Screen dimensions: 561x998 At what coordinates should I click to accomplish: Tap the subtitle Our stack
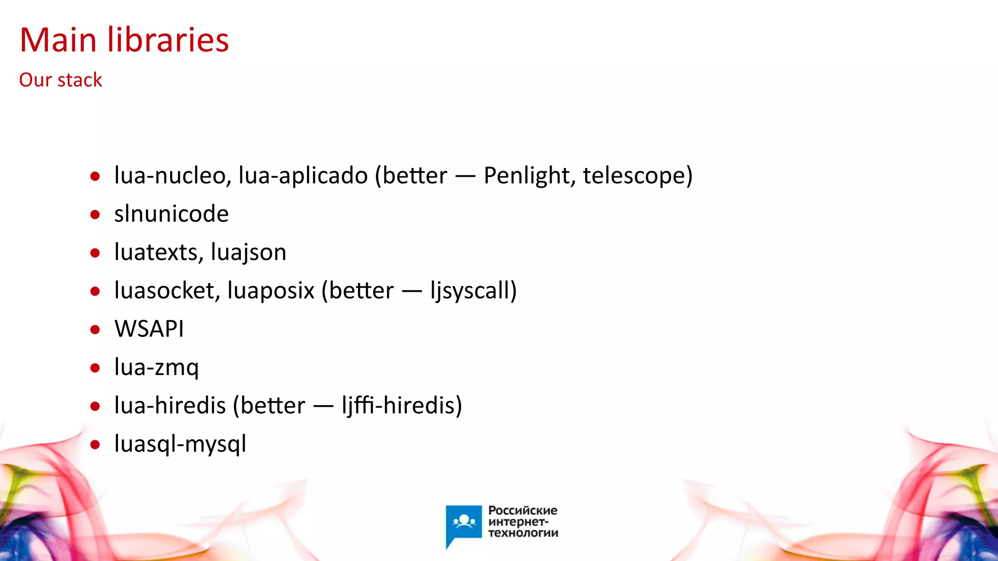pos(60,80)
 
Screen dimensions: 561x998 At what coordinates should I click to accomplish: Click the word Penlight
pos(529,176)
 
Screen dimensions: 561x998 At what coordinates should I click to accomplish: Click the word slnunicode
pos(171,214)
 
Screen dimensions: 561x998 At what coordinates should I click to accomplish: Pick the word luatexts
pos(158,252)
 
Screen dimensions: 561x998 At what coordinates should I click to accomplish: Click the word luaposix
pos(271,291)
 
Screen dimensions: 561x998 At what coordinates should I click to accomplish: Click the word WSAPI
pos(149,329)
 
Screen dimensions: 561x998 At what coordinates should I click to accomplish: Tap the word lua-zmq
pos(156,368)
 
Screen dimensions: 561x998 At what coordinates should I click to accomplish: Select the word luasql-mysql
pos(180,444)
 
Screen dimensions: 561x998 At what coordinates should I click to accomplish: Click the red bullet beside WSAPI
pos(95,330)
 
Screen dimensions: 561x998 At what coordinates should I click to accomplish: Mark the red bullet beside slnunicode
pos(95,214)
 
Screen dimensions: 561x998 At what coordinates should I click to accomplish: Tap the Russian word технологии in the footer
pos(523,533)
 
